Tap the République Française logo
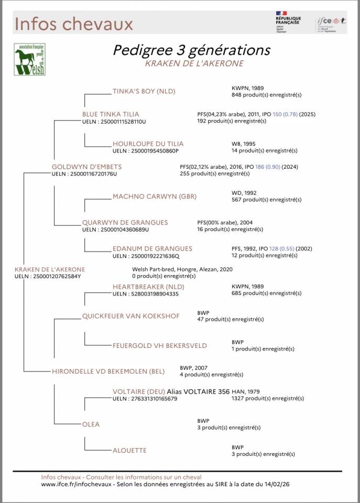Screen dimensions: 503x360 pos(288,22)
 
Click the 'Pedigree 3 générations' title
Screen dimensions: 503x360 pos(191,50)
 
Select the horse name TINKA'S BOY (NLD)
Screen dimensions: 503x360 pos(144,91)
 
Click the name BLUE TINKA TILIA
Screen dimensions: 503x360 pos(111,114)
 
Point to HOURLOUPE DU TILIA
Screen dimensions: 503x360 pos(148,144)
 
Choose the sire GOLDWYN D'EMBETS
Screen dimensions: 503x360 pos(86,167)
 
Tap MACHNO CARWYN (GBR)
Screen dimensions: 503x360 pos(155,196)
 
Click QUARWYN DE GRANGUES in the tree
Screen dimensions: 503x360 pos(125,223)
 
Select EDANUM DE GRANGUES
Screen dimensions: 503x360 pos(152,248)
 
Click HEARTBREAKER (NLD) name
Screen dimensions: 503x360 pos(148,287)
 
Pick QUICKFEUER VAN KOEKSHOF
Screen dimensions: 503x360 pos(130,316)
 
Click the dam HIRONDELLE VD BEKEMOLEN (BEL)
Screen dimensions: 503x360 pos(108,371)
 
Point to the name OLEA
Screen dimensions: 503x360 pos(91,424)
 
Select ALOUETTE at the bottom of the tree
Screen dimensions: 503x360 pos(129,450)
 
